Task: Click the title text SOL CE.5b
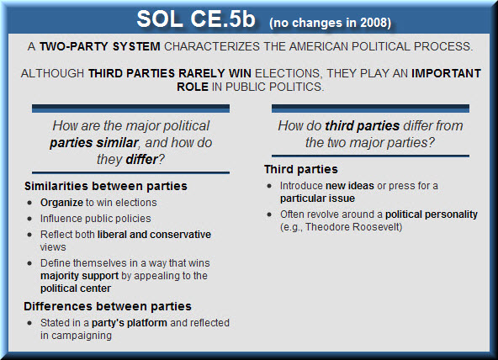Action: [196, 19]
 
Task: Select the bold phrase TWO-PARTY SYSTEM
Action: [100, 46]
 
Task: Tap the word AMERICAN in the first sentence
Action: [318, 46]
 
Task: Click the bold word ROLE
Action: [193, 87]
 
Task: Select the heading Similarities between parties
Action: [106, 186]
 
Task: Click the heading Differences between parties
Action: [108, 306]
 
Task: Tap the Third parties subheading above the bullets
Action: [301, 169]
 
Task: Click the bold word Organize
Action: [61, 203]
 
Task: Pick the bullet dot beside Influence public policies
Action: [29, 219]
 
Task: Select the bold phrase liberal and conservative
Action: [154, 235]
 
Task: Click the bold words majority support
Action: [79, 276]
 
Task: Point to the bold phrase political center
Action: [76, 289]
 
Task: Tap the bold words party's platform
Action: [130, 323]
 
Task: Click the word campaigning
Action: [82, 336]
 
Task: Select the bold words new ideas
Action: [350, 186]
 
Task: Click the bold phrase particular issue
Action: [317, 199]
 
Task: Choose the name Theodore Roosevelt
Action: [352, 227]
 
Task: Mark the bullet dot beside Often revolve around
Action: [269, 214]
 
